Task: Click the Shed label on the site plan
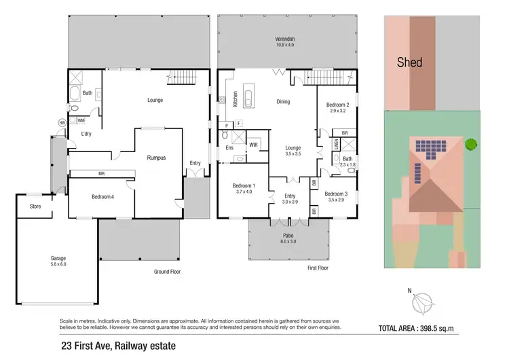click(409, 62)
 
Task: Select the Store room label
click(35, 206)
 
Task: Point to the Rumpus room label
click(157, 158)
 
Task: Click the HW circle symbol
click(62, 122)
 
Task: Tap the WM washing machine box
click(81, 120)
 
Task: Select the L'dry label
click(86, 134)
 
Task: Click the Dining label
click(283, 102)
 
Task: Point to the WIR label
click(253, 145)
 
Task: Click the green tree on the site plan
click(469, 143)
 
